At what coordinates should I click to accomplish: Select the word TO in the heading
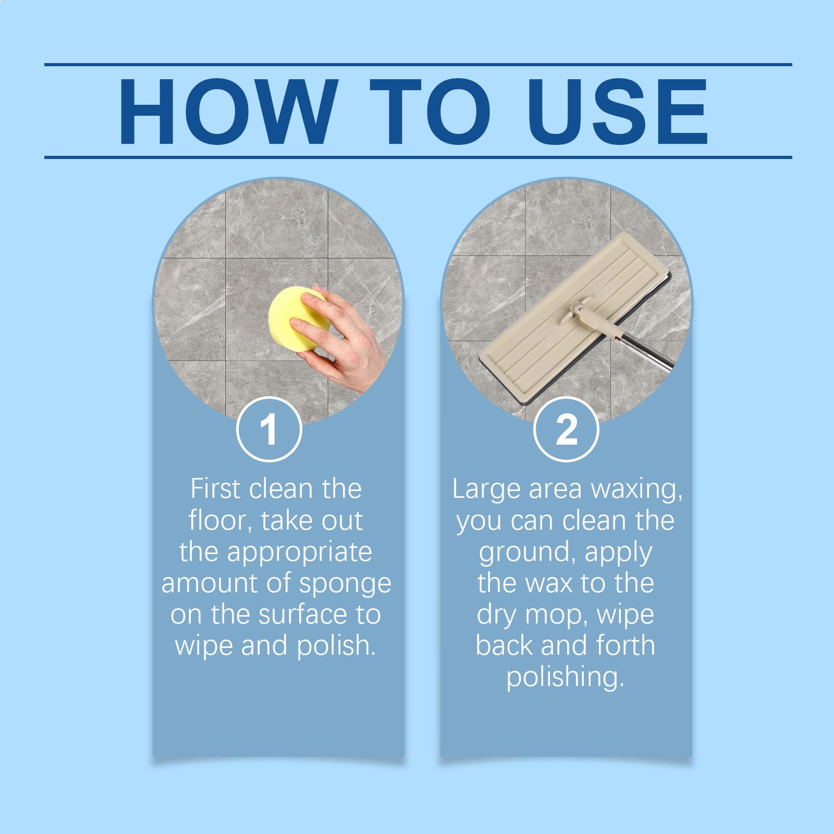(431, 111)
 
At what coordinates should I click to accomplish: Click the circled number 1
(269, 429)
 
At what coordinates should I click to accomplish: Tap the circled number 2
(567, 429)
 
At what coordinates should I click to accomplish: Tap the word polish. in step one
(336, 646)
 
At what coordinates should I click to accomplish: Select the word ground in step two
(527, 553)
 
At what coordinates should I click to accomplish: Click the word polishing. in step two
(566, 678)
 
